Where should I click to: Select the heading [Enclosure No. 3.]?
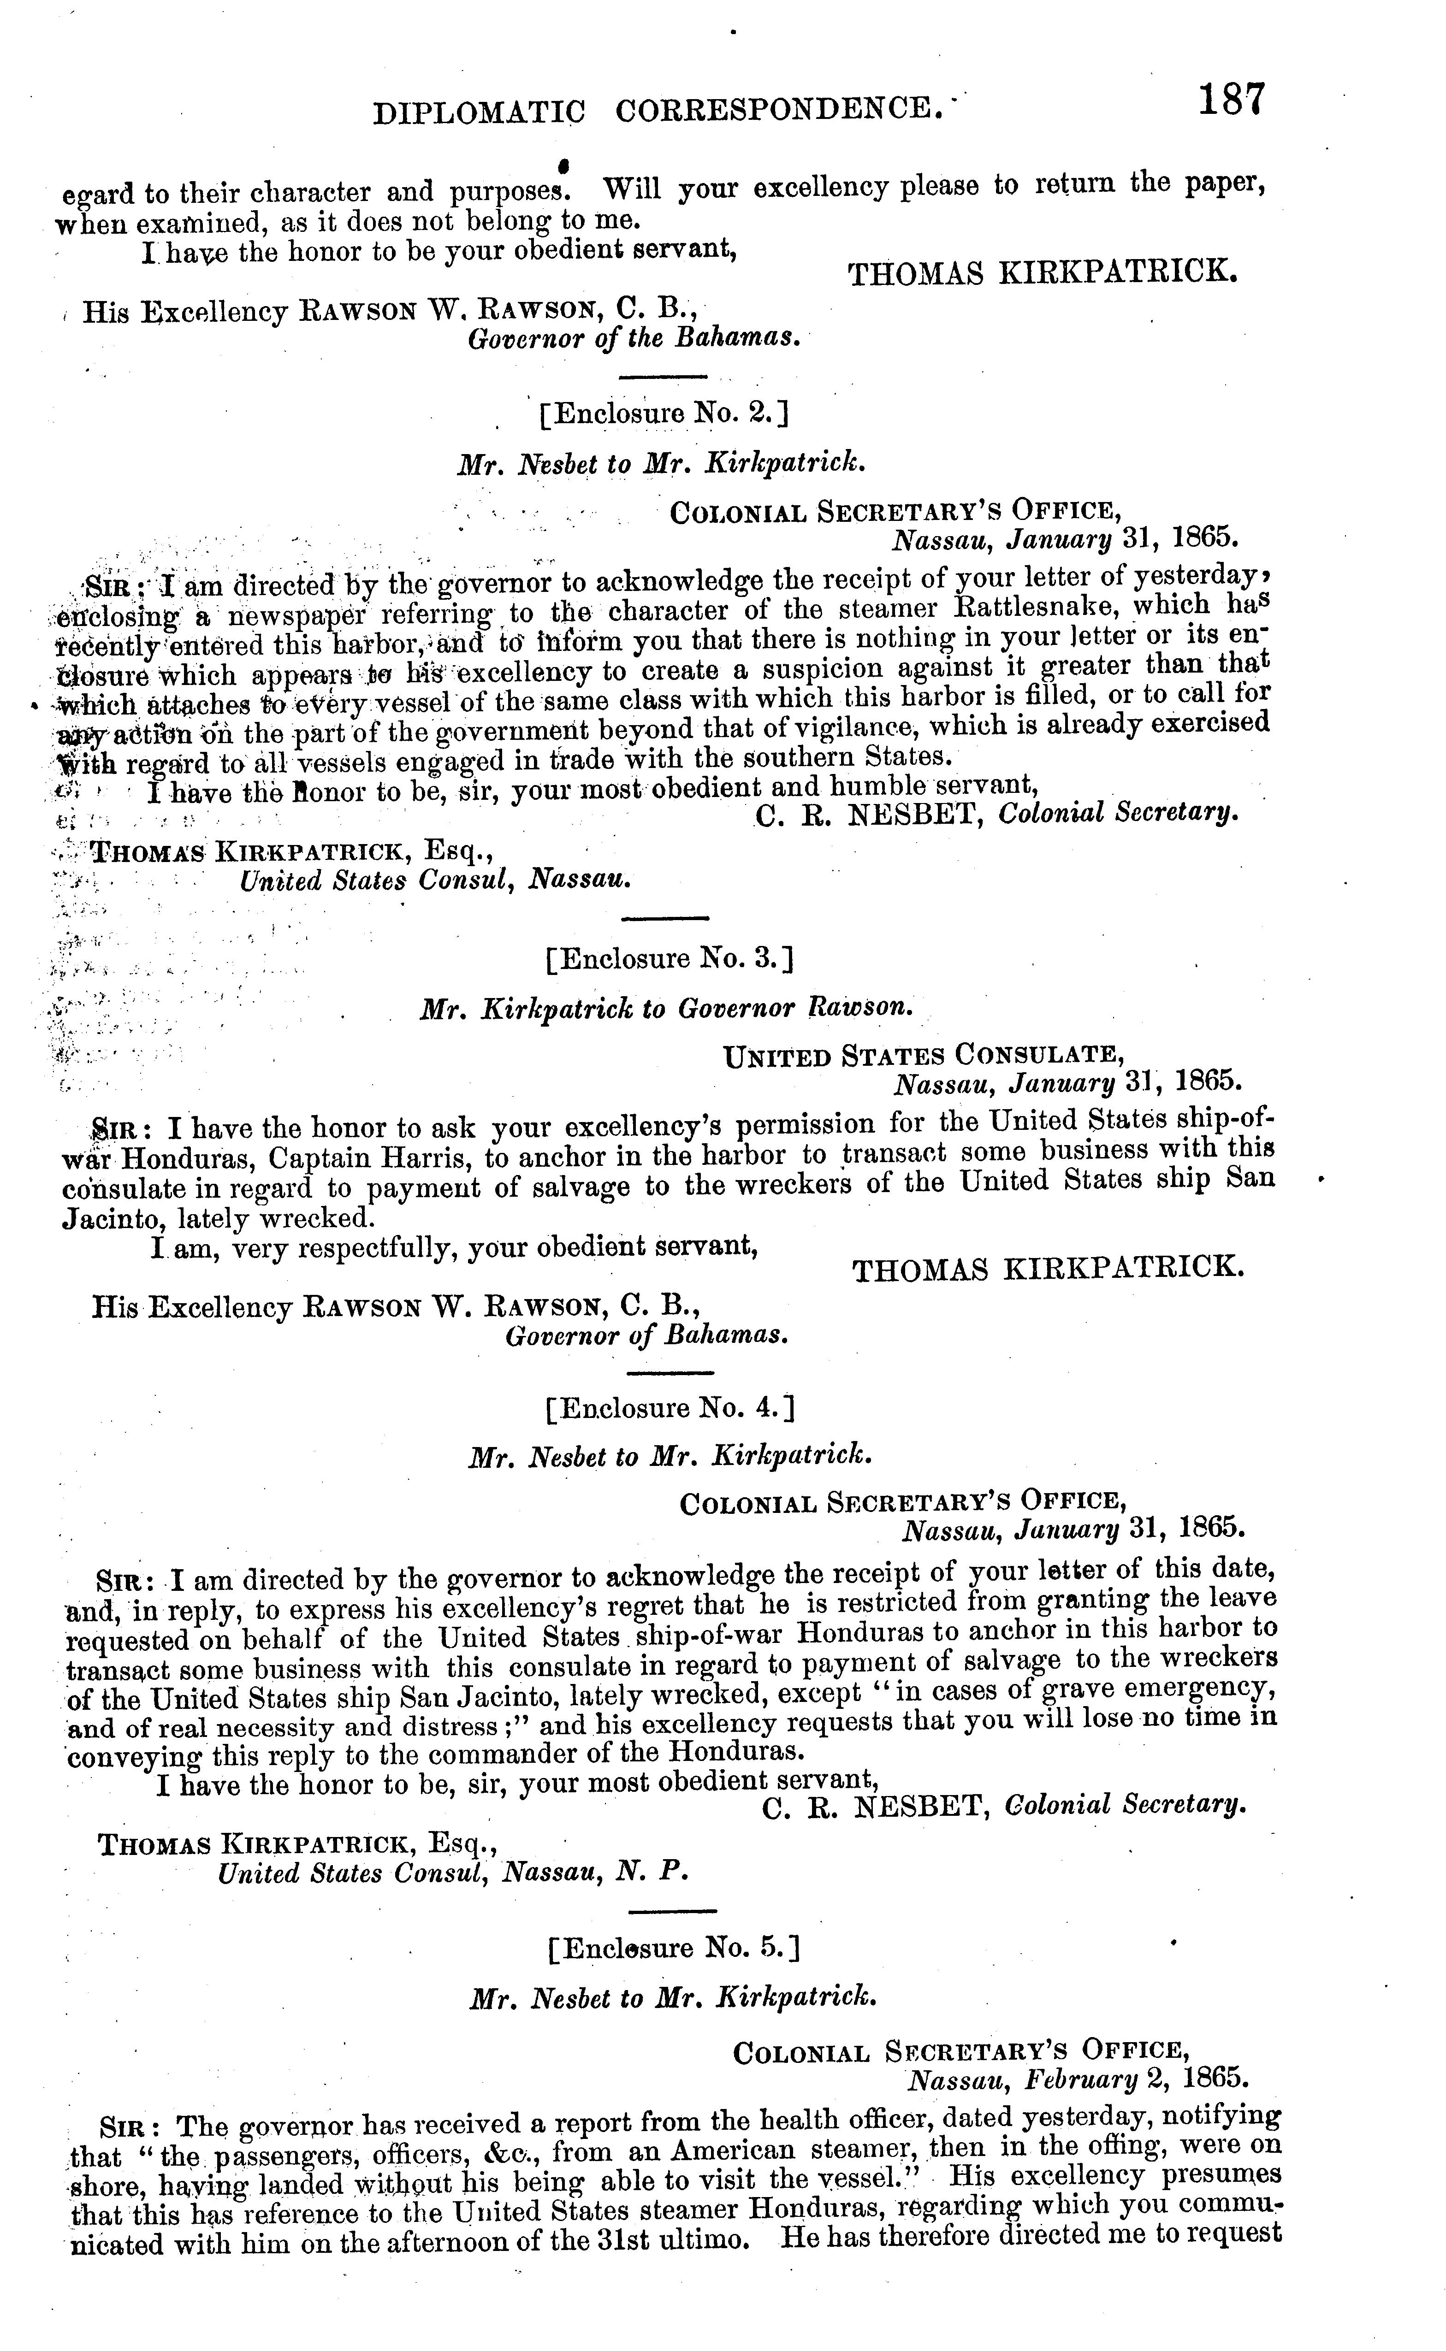670,958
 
